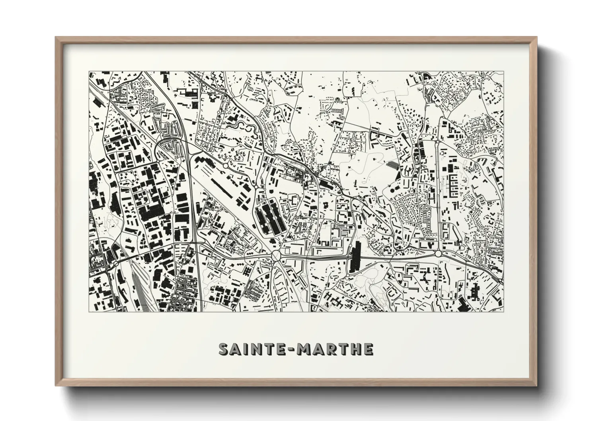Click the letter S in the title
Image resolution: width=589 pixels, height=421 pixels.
(224, 349)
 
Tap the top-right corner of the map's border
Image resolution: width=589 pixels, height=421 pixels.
(503, 72)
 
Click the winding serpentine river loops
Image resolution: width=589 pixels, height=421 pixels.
(240, 127)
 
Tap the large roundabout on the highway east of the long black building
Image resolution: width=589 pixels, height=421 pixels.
(438, 253)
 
